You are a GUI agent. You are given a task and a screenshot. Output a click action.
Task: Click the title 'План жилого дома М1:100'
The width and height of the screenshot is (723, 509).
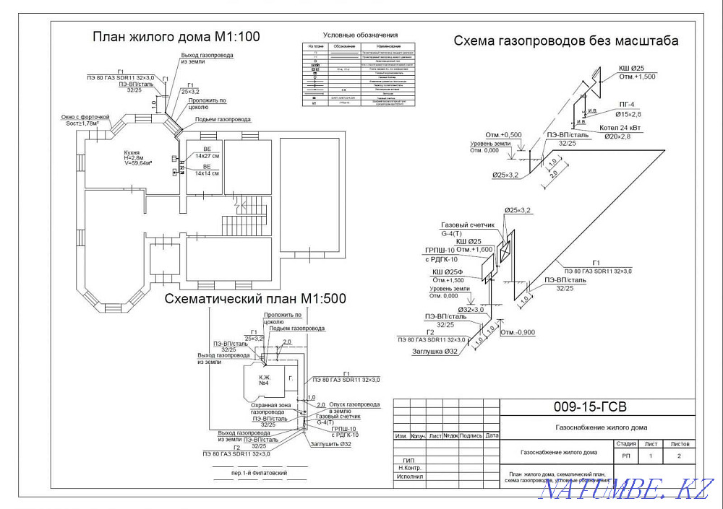coord(176,37)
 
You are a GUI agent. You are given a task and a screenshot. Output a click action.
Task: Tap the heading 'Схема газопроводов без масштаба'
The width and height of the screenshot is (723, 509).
coord(566,40)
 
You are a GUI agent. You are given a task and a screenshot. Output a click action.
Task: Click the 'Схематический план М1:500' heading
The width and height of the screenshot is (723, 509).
coord(255,298)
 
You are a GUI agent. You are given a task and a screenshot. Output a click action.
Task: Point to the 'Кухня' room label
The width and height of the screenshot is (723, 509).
coord(132,153)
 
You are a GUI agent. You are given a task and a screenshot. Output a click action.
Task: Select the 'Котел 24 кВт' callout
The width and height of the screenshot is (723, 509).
coord(620,128)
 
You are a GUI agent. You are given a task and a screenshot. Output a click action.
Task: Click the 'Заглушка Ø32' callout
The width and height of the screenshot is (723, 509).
coord(436,352)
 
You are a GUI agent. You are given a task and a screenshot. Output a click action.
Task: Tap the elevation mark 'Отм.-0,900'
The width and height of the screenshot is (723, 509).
coord(518,333)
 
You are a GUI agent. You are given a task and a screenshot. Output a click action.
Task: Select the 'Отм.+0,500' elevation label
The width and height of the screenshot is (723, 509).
coord(503,134)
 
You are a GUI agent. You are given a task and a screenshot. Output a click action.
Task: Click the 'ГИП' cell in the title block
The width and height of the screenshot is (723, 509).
coord(408,459)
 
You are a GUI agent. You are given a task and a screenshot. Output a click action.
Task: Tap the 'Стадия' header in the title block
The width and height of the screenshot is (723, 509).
coord(625,444)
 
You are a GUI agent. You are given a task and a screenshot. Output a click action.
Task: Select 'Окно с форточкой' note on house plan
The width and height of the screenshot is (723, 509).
coord(85,117)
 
